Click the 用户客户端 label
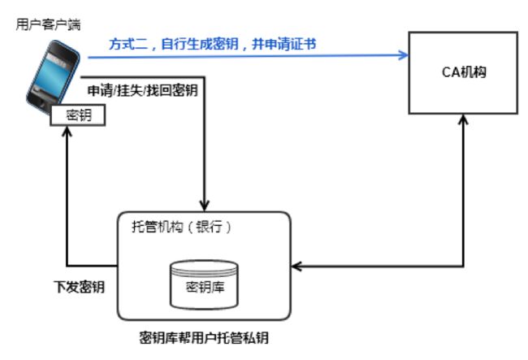point(48,24)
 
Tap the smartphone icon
point(53,76)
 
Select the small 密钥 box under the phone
point(78,115)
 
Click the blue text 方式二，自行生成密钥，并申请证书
point(213,44)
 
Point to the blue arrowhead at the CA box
point(403,55)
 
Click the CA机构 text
point(464,72)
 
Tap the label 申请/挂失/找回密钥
point(143,90)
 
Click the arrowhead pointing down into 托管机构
point(205,205)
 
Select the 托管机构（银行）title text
point(182,226)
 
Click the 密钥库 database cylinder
point(205,285)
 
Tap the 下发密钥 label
point(79,287)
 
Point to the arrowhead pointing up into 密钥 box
point(67,132)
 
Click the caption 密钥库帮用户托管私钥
point(204,338)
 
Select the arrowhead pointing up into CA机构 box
point(464,120)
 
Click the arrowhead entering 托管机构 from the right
point(296,267)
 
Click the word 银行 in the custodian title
point(209,226)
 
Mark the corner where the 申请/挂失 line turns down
point(205,77)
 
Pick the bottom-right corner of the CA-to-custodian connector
point(464,267)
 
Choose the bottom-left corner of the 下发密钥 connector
point(67,266)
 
